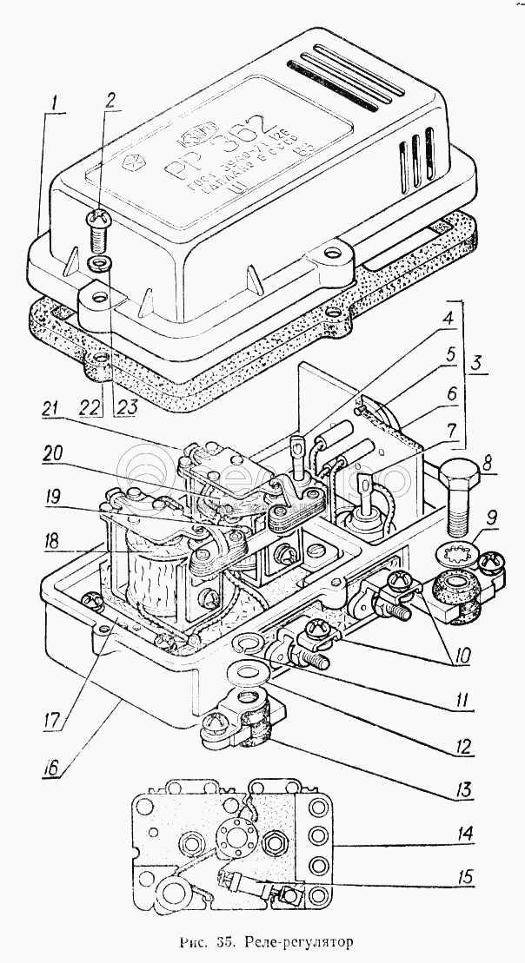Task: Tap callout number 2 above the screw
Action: tap(110, 98)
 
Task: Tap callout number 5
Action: tap(450, 355)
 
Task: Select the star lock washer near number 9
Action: tap(455, 552)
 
